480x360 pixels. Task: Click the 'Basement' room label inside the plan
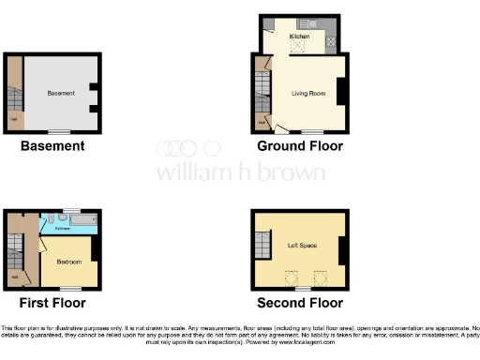coord(60,94)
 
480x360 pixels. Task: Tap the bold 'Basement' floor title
coord(53,145)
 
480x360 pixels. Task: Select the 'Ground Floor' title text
coord(300,145)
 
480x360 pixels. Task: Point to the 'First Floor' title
coord(52,303)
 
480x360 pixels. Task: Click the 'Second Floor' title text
coord(300,303)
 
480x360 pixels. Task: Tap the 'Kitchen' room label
coord(299,36)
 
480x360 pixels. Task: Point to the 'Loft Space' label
coord(302,246)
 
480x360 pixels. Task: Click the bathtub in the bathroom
coord(82,222)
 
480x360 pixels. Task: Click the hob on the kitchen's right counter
coord(330,40)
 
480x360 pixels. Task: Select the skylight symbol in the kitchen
coord(301,45)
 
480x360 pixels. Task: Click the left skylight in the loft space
coord(291,277)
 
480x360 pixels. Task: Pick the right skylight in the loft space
coord(320,277)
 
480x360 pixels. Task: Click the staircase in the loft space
coord(262,247)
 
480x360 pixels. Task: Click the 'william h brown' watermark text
coord(240,173)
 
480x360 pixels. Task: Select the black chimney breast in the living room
coord(342,92)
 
